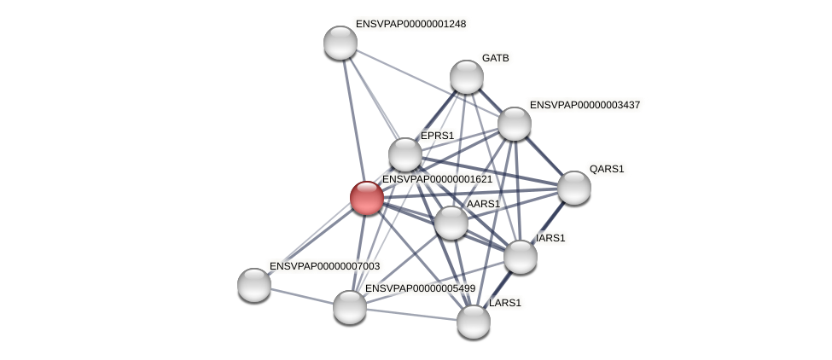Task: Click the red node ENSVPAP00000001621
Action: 367,197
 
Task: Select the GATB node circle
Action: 467,77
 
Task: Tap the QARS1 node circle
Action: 573,188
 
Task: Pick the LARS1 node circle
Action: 474,322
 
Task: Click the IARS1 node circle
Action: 521,256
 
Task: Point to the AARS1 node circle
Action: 451,223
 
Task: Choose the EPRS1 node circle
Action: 405,154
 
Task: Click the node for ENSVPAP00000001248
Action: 340,43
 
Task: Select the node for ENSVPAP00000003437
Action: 515,124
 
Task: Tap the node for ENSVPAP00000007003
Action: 254,284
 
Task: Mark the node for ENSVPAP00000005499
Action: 350,307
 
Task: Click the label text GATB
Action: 495,58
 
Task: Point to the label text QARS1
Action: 607,169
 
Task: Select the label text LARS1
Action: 505,303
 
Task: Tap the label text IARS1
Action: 550,238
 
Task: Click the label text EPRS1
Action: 438,136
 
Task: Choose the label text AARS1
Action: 483,204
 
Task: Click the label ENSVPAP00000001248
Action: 410,24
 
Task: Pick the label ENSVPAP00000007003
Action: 324,266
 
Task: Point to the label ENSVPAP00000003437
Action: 585,105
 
